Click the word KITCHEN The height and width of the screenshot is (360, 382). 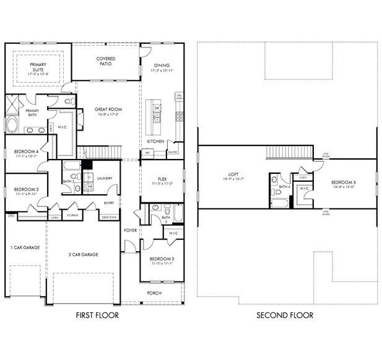pyautogui.click(x=155, y=142)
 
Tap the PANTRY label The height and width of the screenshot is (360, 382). pyautogui.click(x=173, y=152)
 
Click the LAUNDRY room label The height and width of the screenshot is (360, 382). pyautogui.click(x=104, y=179)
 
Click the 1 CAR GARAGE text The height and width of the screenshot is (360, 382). pyautogui.click(x=25, y=247)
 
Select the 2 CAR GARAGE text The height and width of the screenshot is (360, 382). pyautogui.click(x=83, y=254)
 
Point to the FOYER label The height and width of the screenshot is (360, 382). pyautogui.click(x=130, y=230)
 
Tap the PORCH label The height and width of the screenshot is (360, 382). pyautogui.click(x=154, y=293)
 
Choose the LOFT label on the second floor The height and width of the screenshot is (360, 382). pyautogui.click(x=230, y=175)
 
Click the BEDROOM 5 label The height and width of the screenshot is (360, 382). pyautogui.click(x=343, y=182)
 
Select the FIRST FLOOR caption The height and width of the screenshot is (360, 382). pyautogui.click(x=97, y=315)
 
